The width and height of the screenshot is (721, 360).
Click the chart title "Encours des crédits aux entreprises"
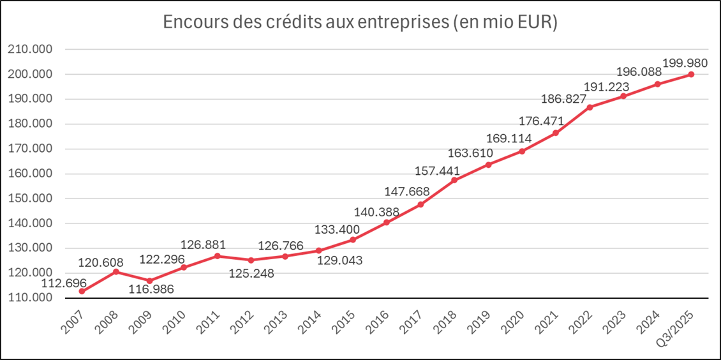point(360,22)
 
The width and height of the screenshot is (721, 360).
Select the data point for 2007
point(82,291)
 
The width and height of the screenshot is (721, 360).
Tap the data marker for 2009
point(150,281)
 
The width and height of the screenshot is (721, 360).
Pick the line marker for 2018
point(454,180)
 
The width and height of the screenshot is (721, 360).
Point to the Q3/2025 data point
point(691,74)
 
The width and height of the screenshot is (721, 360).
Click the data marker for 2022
point(590,107)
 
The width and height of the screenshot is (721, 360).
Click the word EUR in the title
point(533,22)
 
